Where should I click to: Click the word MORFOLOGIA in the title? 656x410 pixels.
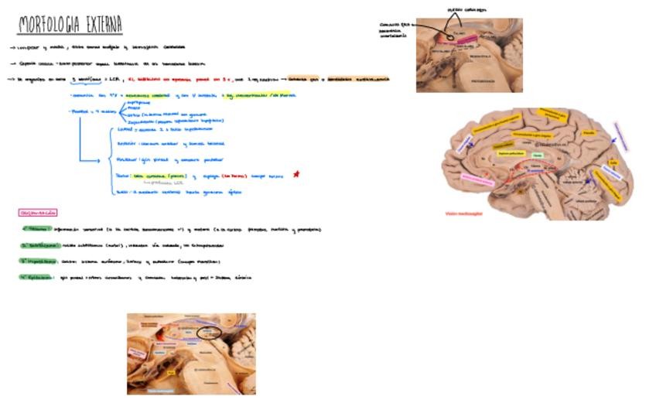pos(47,26)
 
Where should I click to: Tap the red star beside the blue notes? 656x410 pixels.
pos(296,174)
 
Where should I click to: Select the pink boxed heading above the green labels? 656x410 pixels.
pos(38,212)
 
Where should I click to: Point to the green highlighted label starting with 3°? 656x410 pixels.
pos(39,261)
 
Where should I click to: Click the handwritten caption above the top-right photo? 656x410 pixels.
pos(468,9)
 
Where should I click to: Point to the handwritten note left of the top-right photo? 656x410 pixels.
pos(395,29)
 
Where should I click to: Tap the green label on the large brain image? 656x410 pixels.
pos(537,155)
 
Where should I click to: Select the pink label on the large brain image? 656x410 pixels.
pos(477,178)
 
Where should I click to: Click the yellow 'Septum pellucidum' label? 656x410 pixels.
pos(510,154)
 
